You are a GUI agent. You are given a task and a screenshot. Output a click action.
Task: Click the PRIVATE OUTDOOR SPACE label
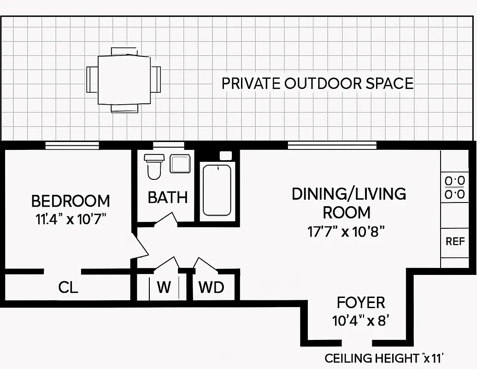click(x=317, y=83)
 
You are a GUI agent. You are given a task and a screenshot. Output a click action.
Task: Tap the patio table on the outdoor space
click(x=124, y=79)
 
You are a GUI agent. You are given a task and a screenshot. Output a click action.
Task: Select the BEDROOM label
click(x=71, y=201)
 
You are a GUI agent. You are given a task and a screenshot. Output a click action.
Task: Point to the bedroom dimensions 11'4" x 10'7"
click(x=71, y=219)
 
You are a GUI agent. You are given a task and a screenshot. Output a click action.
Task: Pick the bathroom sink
click(x=180, y=164)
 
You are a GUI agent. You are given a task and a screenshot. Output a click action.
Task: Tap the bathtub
click(x=217, y=189)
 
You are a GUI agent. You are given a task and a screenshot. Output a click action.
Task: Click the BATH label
click(x=167, y=198)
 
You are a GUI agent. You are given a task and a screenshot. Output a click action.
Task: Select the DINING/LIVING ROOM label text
click(x=348, y=203)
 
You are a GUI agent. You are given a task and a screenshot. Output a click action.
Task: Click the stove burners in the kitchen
click(x=454, y=187)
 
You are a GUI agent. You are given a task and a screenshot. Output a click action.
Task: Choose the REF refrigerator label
click(x=455, y=241)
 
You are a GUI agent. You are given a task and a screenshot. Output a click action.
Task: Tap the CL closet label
click(x=68, y=288)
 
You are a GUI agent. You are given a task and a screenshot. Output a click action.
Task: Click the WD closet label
click(x=211, y=288)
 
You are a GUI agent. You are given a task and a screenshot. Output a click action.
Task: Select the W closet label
click(x=164, y=288)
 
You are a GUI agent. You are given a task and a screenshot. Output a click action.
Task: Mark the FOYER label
click(x=361, y=303)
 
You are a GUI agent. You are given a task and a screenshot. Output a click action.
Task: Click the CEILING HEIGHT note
click(x=384, y=358)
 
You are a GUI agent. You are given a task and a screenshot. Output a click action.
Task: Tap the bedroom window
click(x=72, y=146)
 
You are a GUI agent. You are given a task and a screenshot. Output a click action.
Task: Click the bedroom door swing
click(x=141, y=245)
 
